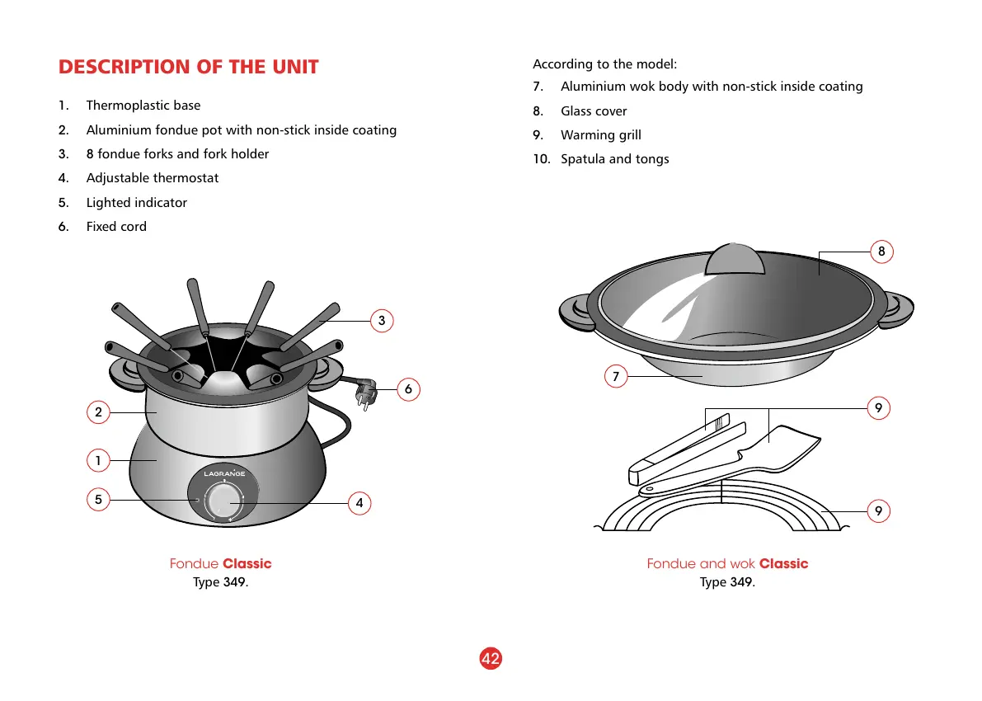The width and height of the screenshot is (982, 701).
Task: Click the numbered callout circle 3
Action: (x=381, y=321)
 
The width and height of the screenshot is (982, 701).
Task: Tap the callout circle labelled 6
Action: (x=407, y=388)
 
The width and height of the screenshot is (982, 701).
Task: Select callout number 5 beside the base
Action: (x=98, y=499)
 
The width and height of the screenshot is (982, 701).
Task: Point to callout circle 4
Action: (x=359, y=502)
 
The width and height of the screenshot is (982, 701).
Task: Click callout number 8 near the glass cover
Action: (x=881, y=252)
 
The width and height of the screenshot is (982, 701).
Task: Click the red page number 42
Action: (x=491, y=658)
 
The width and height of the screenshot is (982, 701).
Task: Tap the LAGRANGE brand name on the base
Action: (x=224, y=473)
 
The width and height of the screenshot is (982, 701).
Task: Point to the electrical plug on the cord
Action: (x=364, y=394)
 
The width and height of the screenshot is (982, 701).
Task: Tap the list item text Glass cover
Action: (x=594, y=111)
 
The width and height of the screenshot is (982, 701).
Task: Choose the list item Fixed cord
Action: (x=116, y=227)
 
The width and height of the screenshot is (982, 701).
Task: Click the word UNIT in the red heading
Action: (x=290, y=67)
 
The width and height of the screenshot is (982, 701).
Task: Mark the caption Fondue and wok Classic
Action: (x=727, y=564)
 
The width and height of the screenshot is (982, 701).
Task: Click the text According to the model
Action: (x=604, y=64)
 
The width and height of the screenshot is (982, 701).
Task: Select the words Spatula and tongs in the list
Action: (x=614, y=159)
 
